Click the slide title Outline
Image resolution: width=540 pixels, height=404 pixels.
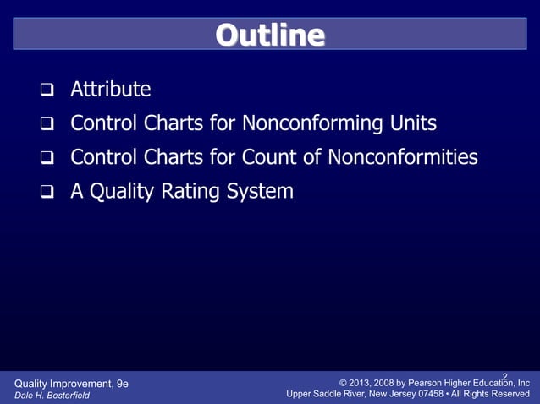coord(269,35)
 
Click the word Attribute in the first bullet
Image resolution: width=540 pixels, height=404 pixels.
coord(110,90)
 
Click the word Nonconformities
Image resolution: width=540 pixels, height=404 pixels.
coord(402,158)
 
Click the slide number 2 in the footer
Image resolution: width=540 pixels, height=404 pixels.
coord(504,376)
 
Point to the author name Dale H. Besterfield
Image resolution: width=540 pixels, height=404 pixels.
coord(52,395)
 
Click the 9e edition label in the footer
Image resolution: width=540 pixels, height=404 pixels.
coord(121,383)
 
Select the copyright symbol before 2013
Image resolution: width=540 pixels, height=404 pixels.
coord(344,383)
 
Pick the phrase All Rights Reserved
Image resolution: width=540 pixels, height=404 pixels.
coord(498,395)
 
